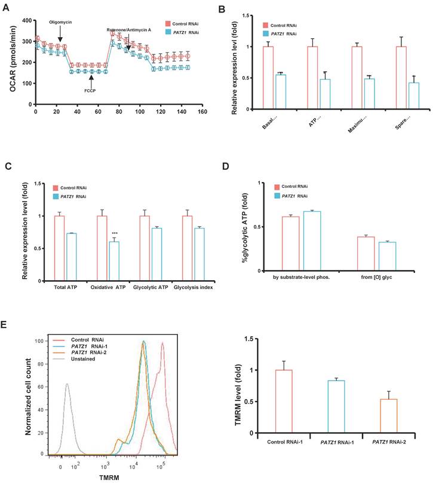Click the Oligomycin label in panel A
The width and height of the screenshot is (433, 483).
60,22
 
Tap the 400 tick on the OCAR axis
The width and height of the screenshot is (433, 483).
26,20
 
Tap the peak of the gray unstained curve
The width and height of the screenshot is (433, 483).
67,385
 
